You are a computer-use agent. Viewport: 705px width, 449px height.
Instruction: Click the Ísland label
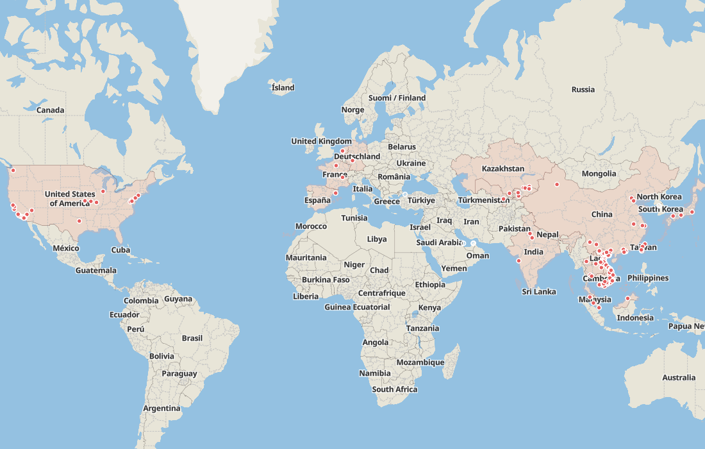coord(283,88)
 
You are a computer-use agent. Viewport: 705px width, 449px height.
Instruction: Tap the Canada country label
coord(50,110)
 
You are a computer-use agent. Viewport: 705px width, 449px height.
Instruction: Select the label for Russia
coord(583,90)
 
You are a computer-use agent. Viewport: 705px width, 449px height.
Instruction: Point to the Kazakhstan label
coord(503,169)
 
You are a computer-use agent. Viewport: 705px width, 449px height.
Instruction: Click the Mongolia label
coord(599,174)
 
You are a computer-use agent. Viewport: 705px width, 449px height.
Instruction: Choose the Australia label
coord(679,378)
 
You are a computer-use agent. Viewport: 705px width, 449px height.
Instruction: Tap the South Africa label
coord(395,389)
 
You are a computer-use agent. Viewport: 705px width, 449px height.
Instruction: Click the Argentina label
coord(162,409)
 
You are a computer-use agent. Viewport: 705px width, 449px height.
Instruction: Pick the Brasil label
coord(192,338)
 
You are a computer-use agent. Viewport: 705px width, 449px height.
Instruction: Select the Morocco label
coord(311,226)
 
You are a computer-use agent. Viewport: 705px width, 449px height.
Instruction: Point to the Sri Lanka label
coord(538,292)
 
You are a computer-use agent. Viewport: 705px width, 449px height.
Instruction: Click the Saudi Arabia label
coord(439,242)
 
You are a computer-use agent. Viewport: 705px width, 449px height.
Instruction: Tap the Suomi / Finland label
coord(397,98)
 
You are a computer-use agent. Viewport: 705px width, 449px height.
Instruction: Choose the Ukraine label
coord(411,164)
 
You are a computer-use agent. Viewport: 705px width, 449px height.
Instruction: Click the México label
coord(66,248)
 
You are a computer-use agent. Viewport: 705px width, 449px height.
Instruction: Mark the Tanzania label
coord(422,328)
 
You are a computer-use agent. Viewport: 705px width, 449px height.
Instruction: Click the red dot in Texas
coord(79,221)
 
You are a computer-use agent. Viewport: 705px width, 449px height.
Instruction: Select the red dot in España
coord(335,193)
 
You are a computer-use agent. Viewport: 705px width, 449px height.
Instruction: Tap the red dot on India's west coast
coord(518,260)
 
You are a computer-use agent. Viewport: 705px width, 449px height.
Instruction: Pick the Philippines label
coord(648,278)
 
